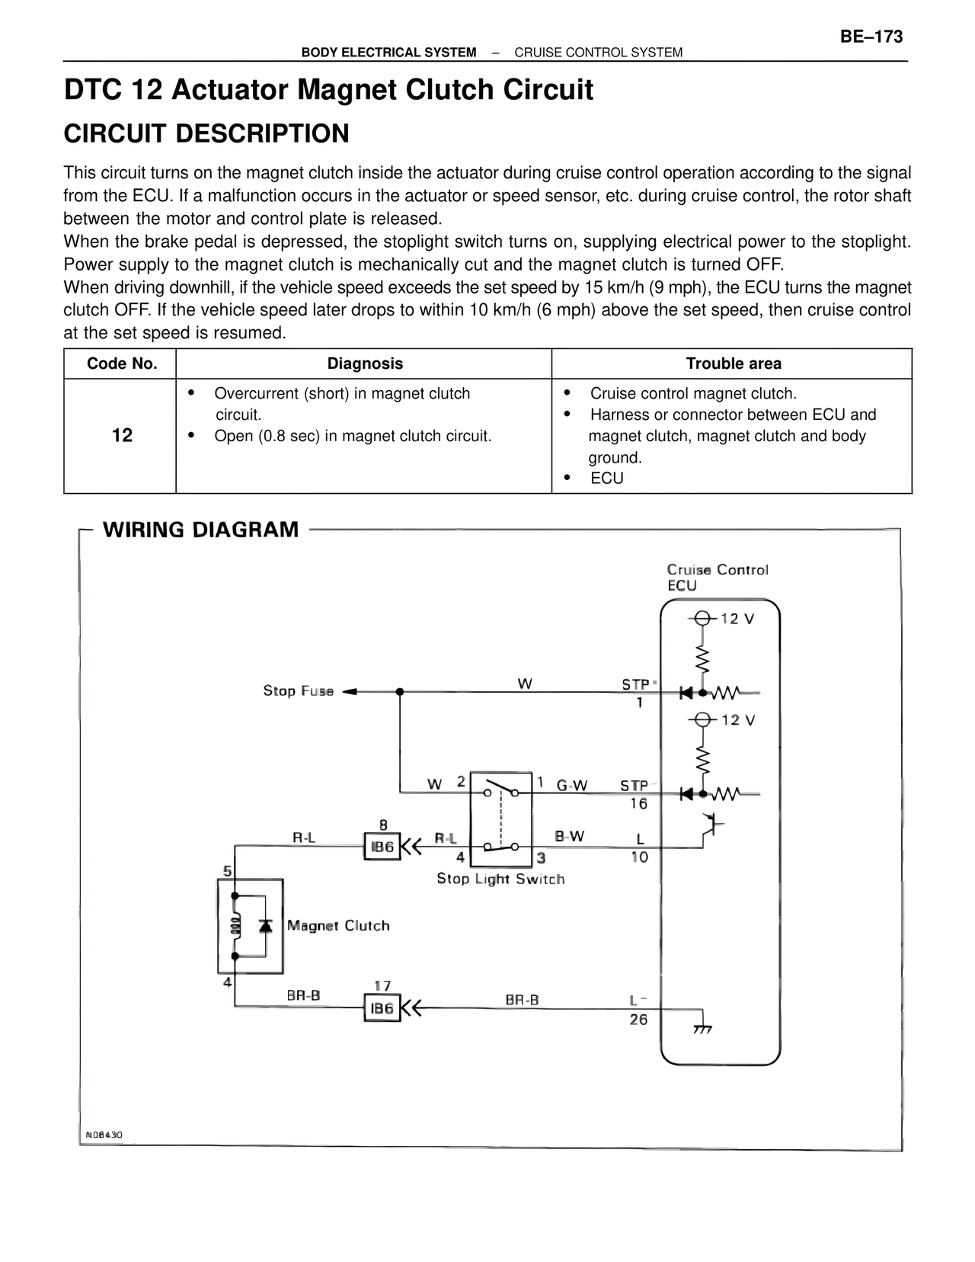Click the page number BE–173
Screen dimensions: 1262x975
871,37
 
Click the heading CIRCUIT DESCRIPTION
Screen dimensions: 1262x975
206,134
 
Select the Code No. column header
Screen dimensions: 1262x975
122,364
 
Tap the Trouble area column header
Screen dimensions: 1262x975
733,364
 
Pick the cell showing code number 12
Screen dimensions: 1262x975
122,435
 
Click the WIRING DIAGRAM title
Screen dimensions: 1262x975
201,530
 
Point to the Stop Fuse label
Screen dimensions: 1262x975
298,691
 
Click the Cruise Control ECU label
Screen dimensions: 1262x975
717,577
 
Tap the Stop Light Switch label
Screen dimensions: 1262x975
500,879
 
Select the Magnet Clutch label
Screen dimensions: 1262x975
338,926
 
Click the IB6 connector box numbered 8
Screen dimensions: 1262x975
382,847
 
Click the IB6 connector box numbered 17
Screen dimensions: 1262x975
382,1008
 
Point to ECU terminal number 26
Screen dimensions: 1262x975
638,1020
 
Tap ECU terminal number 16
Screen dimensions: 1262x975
638,803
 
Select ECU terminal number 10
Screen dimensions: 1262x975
639,857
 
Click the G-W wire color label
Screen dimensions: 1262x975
572,786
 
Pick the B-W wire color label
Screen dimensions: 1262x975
570,836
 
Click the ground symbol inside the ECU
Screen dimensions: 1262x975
702,1030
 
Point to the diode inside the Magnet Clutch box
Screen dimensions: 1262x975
266,925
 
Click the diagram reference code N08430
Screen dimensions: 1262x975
104,1135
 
